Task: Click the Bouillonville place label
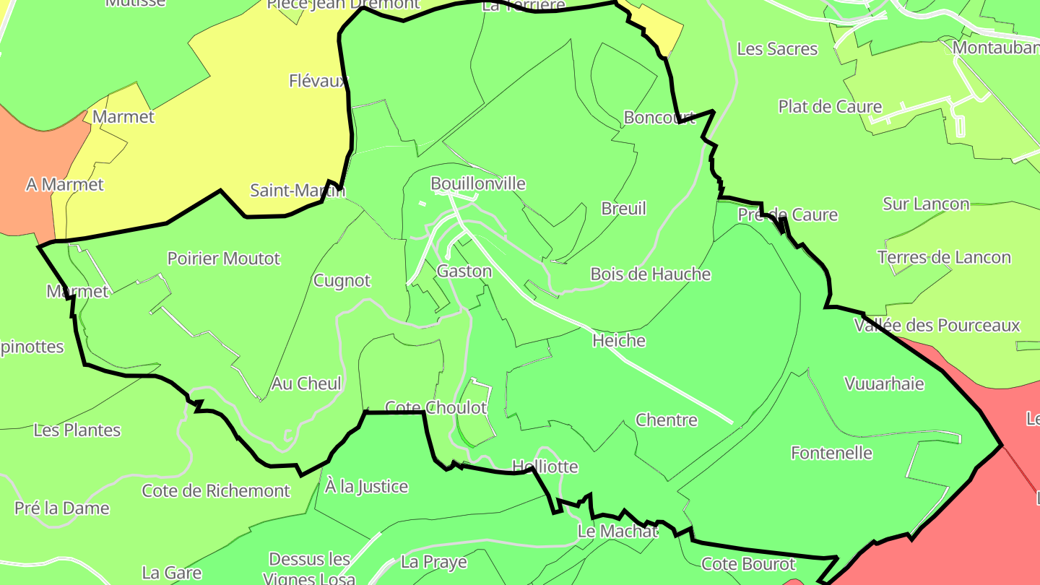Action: point(478,183)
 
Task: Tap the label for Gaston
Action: point(464,272)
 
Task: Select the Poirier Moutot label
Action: point(224,259)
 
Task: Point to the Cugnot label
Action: point(342,280)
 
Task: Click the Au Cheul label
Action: point(306,383)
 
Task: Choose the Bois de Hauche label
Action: point(651,274)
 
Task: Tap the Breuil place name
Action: point(624,209)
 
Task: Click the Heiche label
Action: point(619,340)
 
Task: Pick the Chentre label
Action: point(667,420)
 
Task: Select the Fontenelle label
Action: point(832,454)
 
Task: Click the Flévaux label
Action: point(318,81)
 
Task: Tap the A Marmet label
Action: point(65,185)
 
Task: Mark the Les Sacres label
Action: point(777,49)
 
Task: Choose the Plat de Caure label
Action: point(831,107)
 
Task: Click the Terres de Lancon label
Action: point(945,258)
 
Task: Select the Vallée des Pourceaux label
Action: point(937,326)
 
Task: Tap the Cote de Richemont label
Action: point(216,491)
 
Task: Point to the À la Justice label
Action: point(367,487)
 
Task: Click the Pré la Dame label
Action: point(62,508)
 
